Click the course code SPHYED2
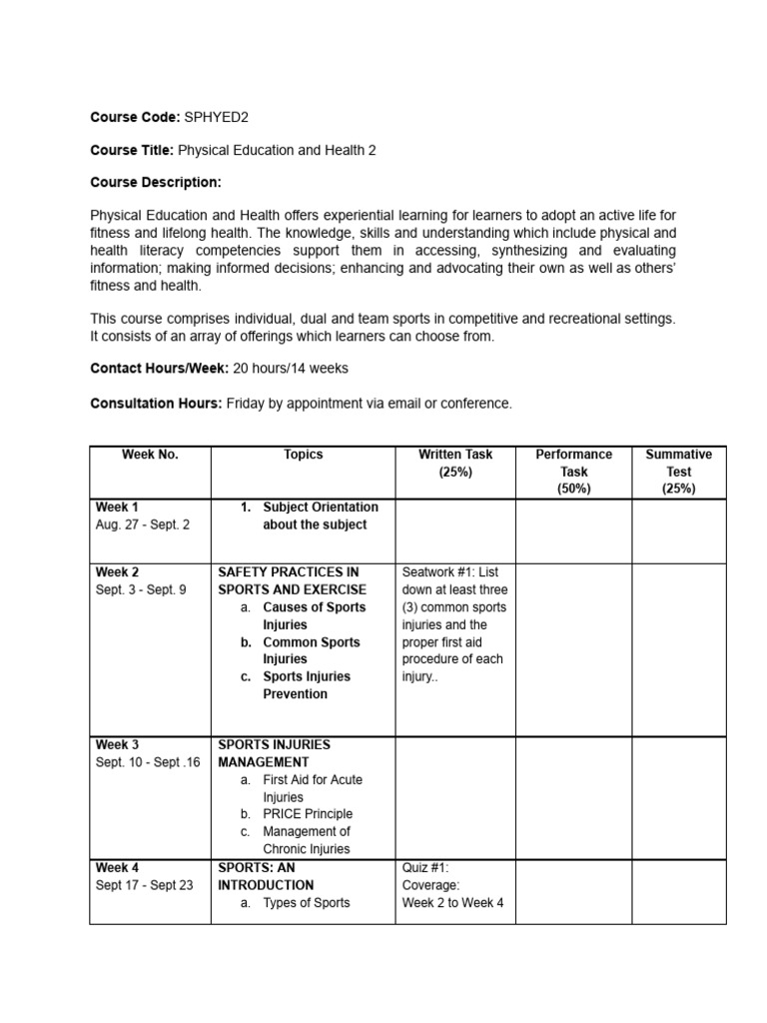pyautogui.click(x=217, y=117)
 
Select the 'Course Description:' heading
pyautogui.click(x=155, y=182)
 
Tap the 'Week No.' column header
pyautogui.click(x=150, y=455)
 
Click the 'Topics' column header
pyautogui.click(x=304, y=455)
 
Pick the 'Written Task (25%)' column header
pyautogui.click(x=455, y=463)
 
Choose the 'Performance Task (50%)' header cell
pyautogui.click(x=573, y=472)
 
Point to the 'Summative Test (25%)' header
pyautogui.click(x=678, y=472)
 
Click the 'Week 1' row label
pyautogui.click(x=117, y=508)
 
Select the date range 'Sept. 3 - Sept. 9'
pyautogui.click(x=141, y=589)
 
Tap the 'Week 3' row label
pyautogui.click(x=117, y=744)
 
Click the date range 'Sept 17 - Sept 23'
pyautogui.click(x=145, y=885)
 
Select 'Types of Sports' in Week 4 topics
pyautogui.click(x=307, y=903)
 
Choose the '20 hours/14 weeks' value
pyautogui.click(x=291, y=368)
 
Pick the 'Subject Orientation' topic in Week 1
pyautogui.click(x=321, y=508)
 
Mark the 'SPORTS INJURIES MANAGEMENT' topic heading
pyautogui.click(x=274, y=753)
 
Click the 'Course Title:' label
pyautogui.click(x=132, y=150)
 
